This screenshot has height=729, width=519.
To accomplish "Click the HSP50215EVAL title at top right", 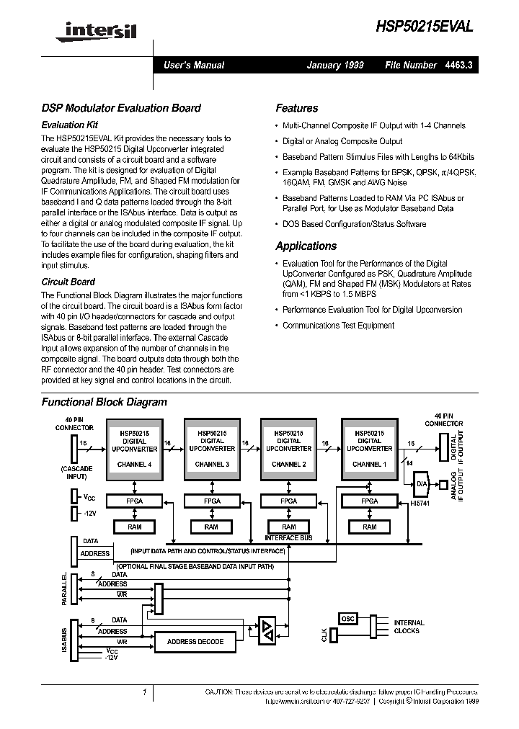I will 425,27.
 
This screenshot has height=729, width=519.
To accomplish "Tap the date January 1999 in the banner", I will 334,65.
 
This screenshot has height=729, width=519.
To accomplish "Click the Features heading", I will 296,108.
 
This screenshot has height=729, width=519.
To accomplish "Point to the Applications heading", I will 306,246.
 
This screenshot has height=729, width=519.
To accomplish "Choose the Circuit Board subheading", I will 68,282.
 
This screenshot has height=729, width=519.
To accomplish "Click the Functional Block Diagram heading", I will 104,402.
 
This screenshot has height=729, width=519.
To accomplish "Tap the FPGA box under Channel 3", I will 211,501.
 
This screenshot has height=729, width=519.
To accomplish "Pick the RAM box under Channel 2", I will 288,527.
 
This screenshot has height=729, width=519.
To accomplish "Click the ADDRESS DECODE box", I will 195,641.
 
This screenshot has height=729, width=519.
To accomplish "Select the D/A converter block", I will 423,483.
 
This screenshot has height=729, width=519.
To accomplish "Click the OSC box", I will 348,619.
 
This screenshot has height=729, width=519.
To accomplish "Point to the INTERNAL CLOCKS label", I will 409,627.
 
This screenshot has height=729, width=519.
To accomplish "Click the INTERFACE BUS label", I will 288,537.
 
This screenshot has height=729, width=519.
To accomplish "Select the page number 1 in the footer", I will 145,692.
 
